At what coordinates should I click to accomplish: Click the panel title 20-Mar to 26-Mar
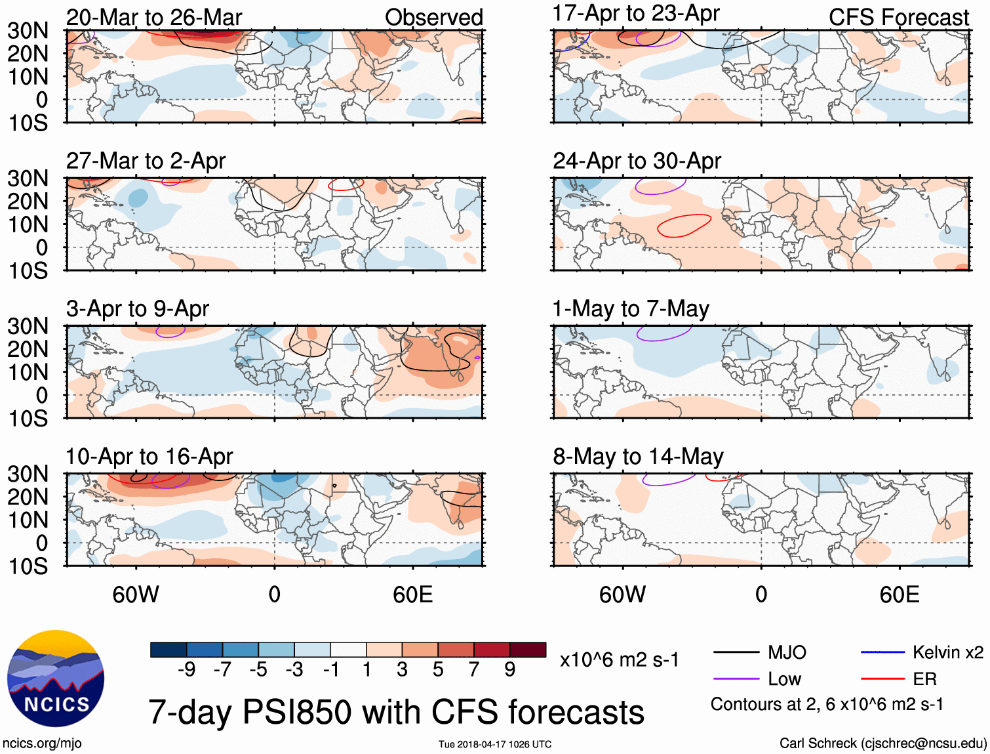point(154,18)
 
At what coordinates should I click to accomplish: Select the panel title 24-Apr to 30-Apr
point(637,161)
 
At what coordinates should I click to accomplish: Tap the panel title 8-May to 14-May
point(638,456)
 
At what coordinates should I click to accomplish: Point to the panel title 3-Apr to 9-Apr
point(138,308)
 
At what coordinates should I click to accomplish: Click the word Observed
point(433,18)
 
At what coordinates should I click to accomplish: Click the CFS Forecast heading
point(899,18)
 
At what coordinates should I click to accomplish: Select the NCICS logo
point(56,679)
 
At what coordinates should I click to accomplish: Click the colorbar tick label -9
point(187,669)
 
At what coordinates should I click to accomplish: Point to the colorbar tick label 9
point(510,669)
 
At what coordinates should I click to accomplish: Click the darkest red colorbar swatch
point(528,650)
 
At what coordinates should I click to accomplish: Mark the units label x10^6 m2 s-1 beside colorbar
point(619,660)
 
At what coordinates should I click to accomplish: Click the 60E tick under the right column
point(900,595)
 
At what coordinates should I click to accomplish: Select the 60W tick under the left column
point(136,595)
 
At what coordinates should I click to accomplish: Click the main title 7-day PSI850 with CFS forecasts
point(396,712)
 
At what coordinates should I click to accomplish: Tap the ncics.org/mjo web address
point(42,744)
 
